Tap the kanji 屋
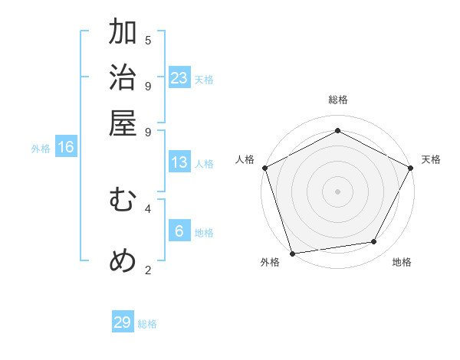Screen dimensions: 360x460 click(x=123, y=123)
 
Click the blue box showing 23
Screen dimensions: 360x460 click(x=179, y=78)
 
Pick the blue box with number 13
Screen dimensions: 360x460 click(x=179, y=162)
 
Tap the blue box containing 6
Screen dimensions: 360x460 click(x=179, y=231)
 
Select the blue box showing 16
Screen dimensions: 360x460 click(x=66, y=147)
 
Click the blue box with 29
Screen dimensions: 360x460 click(x=123, y=322)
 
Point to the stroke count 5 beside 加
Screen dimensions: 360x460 click(x=148, y=40)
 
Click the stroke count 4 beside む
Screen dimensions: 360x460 click(x=148, y=208)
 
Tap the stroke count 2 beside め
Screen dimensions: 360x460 click(x=148, y=270)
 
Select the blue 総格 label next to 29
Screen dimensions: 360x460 click(x=148, y=324)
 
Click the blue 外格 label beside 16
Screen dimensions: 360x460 click(x=41, y=149)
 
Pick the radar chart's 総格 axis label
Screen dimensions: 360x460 click(x=337, y=100)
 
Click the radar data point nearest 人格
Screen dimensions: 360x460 click(x=264, y=168)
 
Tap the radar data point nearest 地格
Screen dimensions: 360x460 click(x=374, y=242)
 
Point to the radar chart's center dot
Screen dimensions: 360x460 click(x=337, y=191)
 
